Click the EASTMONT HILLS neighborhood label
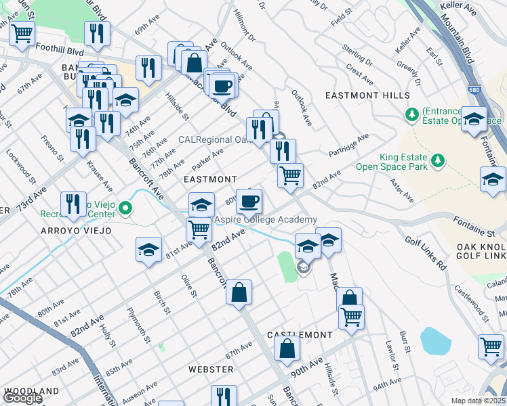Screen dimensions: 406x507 [x=367, y=95]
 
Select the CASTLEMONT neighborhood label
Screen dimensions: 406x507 [x=300, y=335]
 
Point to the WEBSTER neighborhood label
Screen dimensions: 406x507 [x=211, y=369]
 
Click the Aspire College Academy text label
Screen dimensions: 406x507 [x=266, y=220]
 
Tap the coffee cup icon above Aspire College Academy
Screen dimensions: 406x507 [x=249, y=200]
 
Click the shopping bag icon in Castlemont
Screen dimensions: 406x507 [x=287, y=348]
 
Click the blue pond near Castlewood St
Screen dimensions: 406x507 [x=435, y=341]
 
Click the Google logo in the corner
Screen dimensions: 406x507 [x=22, y=398]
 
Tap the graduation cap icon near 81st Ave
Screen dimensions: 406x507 [x=148, y=249]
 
